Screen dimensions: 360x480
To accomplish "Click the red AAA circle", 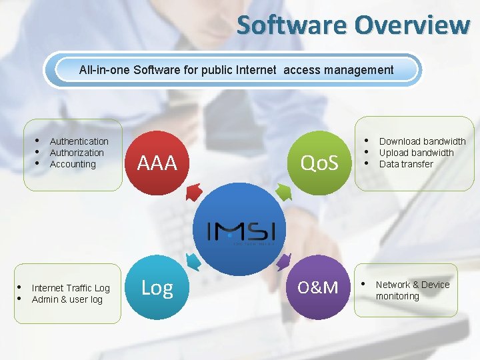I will (157, 162).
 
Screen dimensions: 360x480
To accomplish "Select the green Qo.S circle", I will (319, 162).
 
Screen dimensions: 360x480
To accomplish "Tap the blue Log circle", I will (157, 287).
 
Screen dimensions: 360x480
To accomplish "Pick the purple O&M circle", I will (318, 287).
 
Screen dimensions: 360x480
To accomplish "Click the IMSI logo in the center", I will (237, 232).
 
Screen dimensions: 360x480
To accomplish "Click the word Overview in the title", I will (411, 25).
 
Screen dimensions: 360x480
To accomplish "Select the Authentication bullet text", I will (79, 141).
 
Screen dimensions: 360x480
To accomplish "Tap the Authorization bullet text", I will (77, 153).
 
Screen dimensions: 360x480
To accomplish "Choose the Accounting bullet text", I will (73, 164).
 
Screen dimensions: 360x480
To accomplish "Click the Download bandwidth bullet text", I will (422, 141).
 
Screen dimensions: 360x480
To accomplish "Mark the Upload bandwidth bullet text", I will (416, 153).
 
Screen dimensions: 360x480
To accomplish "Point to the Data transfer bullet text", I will (406, 164).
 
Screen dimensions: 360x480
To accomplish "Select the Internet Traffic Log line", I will (71, 288).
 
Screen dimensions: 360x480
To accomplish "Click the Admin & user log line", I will (67, 299).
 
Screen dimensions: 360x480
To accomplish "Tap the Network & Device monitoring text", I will (412, 290).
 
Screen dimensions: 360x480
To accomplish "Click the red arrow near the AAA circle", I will (194, 193).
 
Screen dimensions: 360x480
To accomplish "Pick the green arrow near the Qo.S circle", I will (283, 192).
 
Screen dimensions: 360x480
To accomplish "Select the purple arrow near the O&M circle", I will (283, 260).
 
